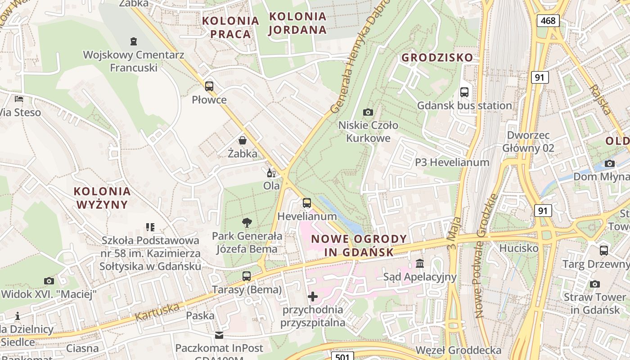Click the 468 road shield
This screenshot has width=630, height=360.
click(x=548, y=20)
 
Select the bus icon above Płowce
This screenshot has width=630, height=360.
click(x=209, y=86)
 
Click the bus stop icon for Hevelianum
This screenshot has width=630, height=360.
click(x=307, y=203)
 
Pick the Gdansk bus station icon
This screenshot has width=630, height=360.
click(x=464, y=92)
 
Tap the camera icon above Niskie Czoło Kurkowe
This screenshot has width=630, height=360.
click(x=368, y=112)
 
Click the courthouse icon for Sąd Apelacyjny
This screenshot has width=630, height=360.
click(x=420, y=263)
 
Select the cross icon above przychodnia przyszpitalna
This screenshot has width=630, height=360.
click(x=313, y=297)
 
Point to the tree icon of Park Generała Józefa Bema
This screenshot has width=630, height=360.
click(x=247, y=222)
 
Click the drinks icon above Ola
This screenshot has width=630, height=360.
click(x=271, y=173)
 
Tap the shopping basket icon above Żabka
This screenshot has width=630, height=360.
click(x=243, y=140)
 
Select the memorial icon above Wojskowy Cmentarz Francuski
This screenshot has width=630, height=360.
click(x=133, y=42)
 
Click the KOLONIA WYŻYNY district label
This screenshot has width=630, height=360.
click(x=103, y=198)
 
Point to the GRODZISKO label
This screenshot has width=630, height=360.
click(x=437, y=58)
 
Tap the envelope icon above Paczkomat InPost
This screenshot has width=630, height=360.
click(x=219, y=335)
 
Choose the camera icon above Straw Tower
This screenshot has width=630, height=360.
click(x=595, y=284)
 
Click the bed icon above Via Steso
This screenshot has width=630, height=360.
click(x=18, y=99)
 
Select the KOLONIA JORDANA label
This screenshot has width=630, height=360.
click(x=297, y=23)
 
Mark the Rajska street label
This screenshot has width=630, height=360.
click(x=602, y=99)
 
